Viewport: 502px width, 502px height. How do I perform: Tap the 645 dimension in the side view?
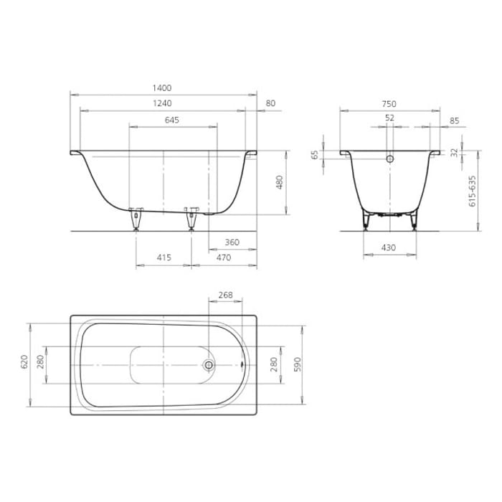click(x=172, y=120)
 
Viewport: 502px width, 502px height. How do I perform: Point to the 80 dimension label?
click(x=270, y=104)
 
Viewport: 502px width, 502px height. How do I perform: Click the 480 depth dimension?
click(x=280, y=183)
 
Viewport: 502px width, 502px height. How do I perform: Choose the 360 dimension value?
click(x=232, y=242)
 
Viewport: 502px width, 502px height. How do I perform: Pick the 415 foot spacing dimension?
click(x=163, y=257)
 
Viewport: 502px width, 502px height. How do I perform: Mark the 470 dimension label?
click(x=223, y=257)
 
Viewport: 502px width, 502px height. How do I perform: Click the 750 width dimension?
click(x=389, y=104)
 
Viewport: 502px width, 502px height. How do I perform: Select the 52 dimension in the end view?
click(x=389, y=118)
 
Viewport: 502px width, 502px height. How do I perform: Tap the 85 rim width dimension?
click(x=454, y=120)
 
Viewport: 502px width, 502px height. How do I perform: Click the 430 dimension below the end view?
click(x=388, y=247)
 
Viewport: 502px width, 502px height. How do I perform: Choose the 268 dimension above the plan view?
click(x=224, y=295)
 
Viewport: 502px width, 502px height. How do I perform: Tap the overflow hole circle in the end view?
click(x=390, y=159)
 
